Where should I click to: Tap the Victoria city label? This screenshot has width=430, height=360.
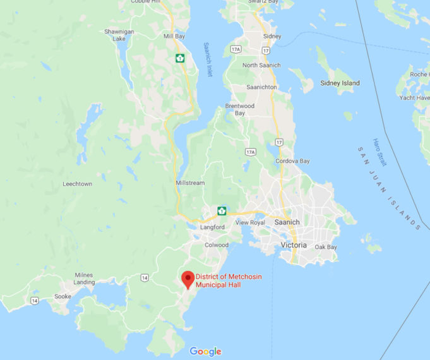[293, 244]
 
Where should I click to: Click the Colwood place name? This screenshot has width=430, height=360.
[216, 244]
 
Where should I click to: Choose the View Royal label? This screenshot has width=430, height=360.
[250, 222]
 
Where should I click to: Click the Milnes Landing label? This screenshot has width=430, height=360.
[84, 279]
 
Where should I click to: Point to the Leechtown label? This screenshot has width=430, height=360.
[78, 184]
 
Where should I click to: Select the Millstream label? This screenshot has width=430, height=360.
[189, 183]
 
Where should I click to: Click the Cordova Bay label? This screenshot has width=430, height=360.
[292, 161]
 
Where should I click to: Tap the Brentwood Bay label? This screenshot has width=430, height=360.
[239, 110]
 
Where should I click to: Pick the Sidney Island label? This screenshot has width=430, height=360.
[340, 83]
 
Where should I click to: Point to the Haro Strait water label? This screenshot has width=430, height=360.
[379, 152]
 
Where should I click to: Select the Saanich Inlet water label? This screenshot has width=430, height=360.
[208, 60]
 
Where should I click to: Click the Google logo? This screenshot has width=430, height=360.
[205, 352]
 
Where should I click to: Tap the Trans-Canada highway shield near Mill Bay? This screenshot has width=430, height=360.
[180, 58]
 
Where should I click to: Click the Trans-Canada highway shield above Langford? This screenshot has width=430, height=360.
[222, 210]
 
